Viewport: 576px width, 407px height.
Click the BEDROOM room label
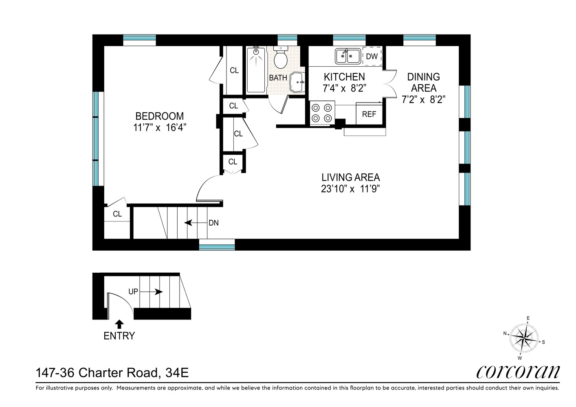(159, 116)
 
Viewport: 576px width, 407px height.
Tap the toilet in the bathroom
(280, 59)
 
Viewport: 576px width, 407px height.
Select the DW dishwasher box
(372, 57)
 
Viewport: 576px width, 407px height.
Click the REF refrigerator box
(369, 114)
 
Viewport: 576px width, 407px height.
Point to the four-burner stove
(322, 113)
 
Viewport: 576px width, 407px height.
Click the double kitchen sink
(347, 56)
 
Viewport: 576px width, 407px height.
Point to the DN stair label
(213, 223)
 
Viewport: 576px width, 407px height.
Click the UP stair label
(133, 292)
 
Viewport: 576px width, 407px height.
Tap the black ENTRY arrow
(119, 324)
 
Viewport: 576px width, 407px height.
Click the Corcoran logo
(518, 371)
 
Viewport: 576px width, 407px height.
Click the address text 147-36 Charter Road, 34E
(112, 372)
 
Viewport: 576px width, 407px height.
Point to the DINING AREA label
(424, 82)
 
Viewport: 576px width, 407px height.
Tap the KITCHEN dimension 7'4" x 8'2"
(344, 88)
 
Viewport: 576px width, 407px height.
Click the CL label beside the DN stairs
(117, 214)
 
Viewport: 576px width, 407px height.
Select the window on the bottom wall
(217, 244)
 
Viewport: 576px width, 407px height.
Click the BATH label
(278, 78)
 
